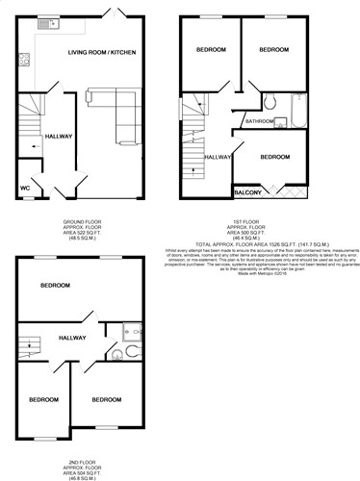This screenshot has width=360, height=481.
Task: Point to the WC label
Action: (25, 188)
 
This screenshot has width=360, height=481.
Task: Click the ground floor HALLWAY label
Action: (59, 137)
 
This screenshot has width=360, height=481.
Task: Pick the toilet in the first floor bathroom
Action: (270, 103)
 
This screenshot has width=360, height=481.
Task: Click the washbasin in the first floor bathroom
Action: (282, 122)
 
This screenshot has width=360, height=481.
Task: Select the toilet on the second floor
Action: (116, 354)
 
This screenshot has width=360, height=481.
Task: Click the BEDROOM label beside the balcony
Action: (276, 156)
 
